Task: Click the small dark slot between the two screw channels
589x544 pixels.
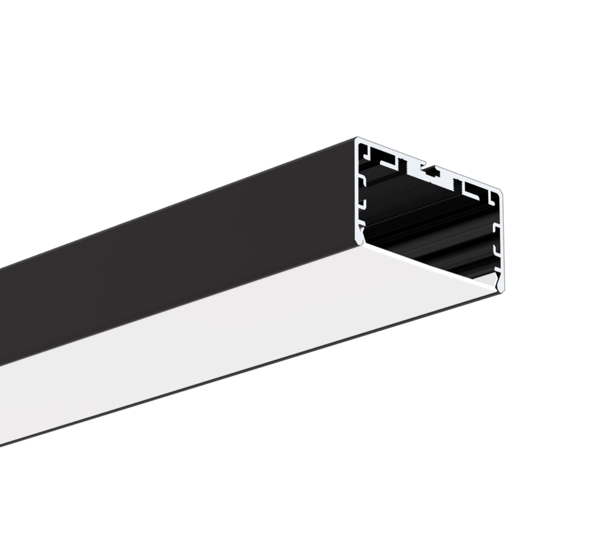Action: click(430, 171)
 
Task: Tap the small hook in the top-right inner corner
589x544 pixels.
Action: click(491, 197)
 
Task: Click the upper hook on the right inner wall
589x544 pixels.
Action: click(496, 229)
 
